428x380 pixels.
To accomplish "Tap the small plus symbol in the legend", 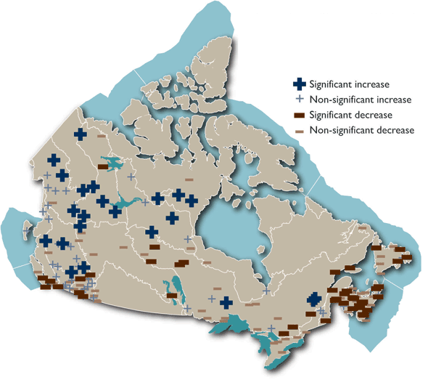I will (x=298, y=100).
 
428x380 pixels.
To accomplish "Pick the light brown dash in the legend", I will (x=298, y=131).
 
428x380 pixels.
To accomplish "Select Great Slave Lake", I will (x=123, y=206).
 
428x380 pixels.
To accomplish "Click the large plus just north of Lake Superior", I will (x=226, y=302).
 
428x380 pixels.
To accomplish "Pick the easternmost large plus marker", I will (x=313, y=299).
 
